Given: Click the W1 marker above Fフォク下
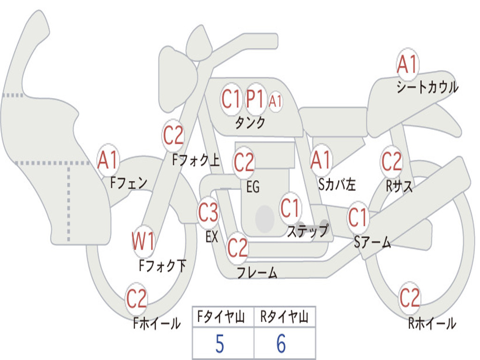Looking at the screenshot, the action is [143, 242].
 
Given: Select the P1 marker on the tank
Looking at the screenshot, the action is [255, 99].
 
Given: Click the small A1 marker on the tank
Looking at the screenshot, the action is [276, 100].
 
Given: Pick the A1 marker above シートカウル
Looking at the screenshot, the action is [407, 65].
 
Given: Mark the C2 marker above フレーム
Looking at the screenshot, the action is [237, 247].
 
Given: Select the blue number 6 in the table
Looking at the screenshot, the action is [281, 345].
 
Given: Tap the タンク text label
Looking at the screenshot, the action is [250, 123].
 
